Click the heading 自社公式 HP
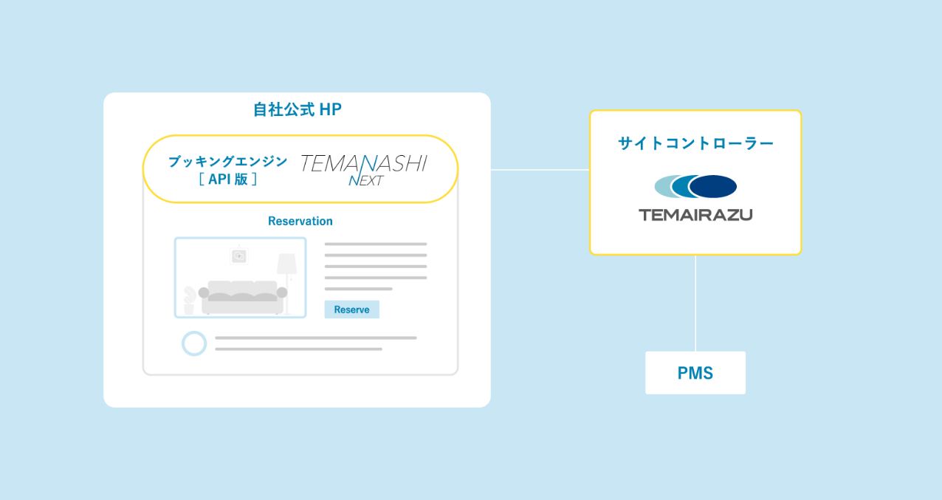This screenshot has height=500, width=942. coord(297,109)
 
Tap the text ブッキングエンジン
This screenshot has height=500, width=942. coord(227,161)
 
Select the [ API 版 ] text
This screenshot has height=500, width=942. coord(227,179)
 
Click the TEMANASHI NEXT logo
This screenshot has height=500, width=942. coord(362,168)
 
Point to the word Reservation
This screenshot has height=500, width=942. coord(300,221)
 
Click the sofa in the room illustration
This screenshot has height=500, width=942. coord(242,295)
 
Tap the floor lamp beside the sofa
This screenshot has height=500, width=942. coord(286,273)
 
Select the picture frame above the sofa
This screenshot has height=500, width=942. coord(238,256)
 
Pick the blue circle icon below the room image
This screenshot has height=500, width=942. coord(194,343)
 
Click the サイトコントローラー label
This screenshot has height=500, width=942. coord(695,143)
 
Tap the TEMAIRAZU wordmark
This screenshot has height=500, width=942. coord(695,215)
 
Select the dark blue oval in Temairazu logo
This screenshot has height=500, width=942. coord(714,186)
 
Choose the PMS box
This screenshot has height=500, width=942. coord(695,373)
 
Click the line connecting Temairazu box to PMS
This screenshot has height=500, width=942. coord(695,303)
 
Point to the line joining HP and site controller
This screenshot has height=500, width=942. coord(540,170)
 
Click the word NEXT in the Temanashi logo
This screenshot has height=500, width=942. coord(365,180)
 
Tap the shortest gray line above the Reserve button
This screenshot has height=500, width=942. coord(358,289)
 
